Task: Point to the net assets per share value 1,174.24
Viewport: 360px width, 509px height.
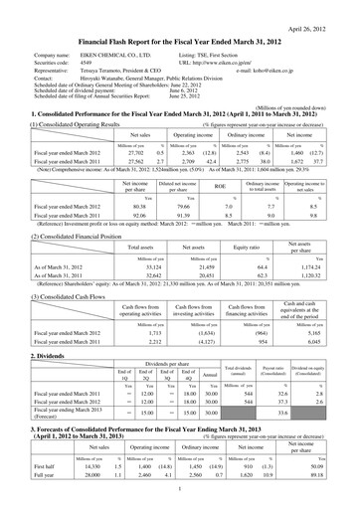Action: pos(315,240)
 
